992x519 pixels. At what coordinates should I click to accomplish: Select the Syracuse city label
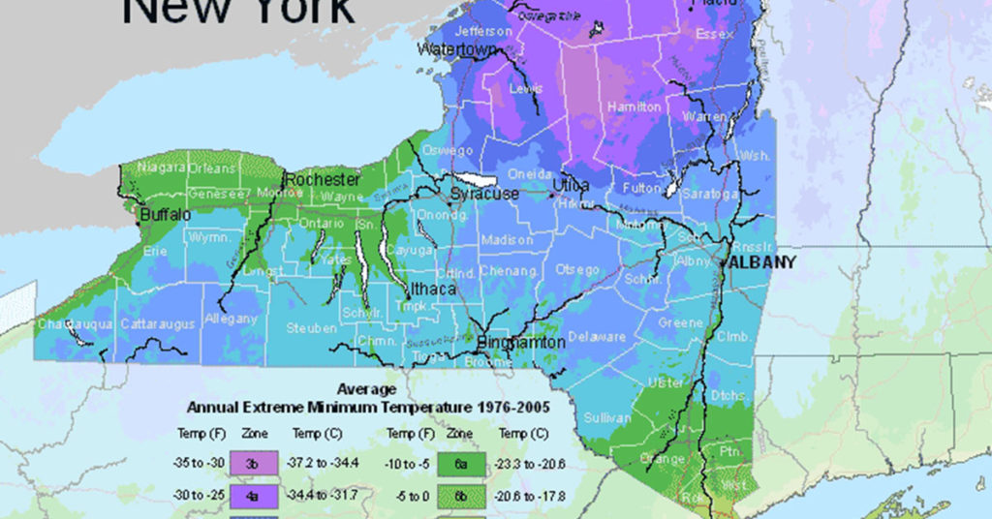click(483, 194)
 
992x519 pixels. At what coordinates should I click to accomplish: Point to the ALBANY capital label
click(761, 262)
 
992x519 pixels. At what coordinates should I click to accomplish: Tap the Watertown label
click(457, 48)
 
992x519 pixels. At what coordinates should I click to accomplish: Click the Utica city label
click(571, 184)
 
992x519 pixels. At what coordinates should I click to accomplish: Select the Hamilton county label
click(634, 107)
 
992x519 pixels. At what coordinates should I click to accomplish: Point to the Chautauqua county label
click(76, 323)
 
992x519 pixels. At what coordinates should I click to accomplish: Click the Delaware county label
click(596, 337)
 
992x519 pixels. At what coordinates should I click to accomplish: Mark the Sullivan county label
click(607, 417)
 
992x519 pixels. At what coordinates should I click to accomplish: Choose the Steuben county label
click(312, 328)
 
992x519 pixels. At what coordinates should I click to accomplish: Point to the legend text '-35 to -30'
click(197, 463)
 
